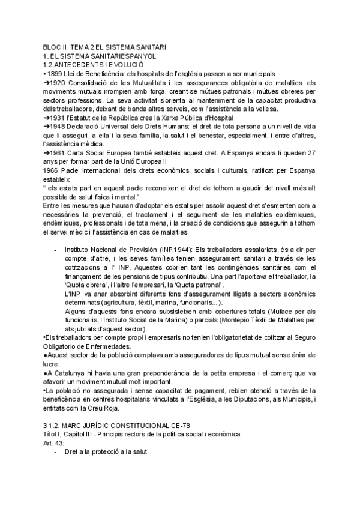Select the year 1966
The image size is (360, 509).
tap(52, 172)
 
